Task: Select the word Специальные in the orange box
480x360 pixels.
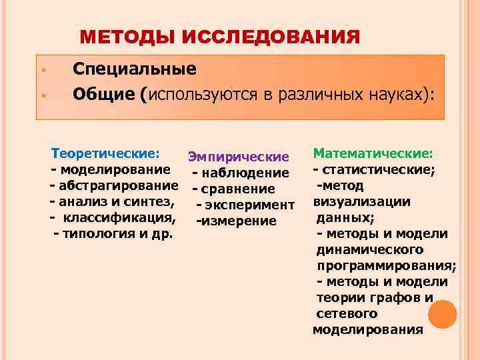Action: [x=134, y=69]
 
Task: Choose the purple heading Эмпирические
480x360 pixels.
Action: [x=238, y=157]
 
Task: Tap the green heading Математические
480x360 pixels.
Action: [x=373, y=153]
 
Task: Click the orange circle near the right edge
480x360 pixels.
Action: [x=443, y=313]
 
